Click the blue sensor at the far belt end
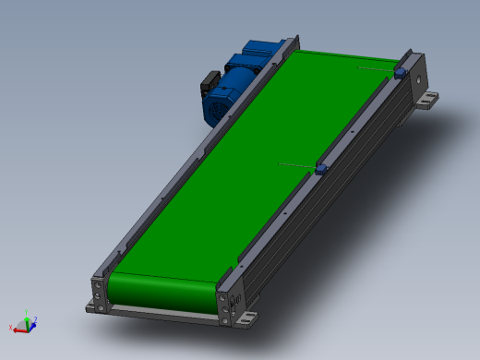(400, 71)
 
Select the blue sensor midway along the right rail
(321, 169)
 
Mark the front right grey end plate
(224, 305)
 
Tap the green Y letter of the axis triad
(27, 313)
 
